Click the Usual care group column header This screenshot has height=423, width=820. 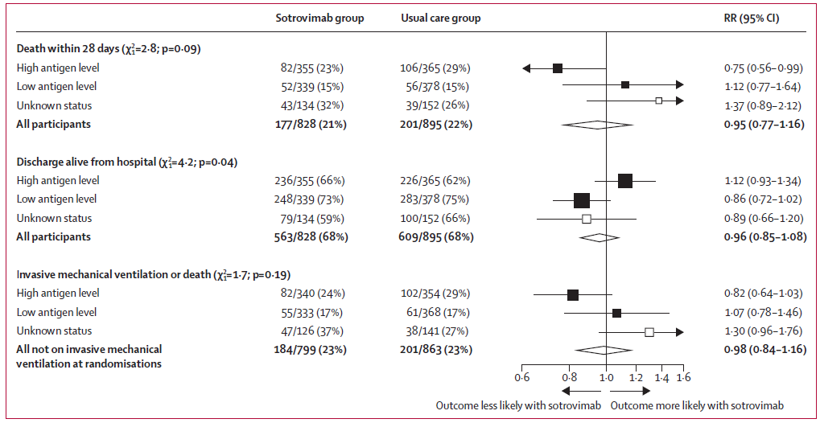[440, 18]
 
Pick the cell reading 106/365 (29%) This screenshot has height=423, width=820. [435, 68]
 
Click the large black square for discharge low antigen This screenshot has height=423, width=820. [582, 199]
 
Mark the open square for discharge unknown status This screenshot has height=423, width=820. [587, 219]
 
